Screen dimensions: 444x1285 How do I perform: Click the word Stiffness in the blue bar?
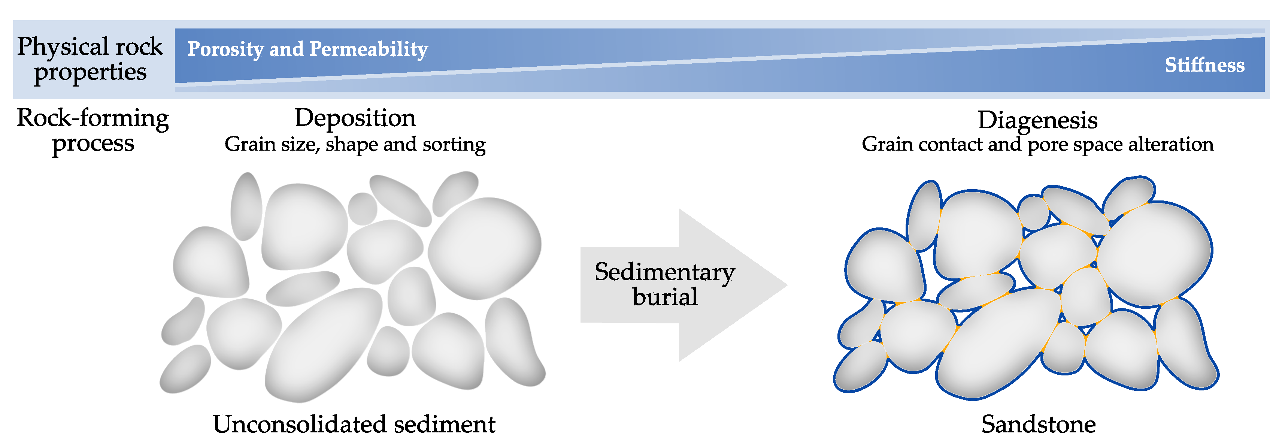point(1204,65)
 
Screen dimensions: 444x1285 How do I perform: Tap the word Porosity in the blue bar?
point(225,49)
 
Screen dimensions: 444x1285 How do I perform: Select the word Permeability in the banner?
point(369,49)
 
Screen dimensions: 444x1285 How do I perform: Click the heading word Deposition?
point(355,118)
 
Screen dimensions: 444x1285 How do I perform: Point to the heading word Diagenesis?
point(1037,120)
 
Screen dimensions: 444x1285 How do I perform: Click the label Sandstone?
point(1038,425)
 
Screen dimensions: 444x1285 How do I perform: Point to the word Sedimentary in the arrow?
point(664,272)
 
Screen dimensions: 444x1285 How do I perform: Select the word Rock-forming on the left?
point(93,118)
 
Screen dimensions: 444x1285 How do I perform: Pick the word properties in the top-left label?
point(90,73)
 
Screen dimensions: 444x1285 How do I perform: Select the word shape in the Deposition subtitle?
point(352,145)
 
